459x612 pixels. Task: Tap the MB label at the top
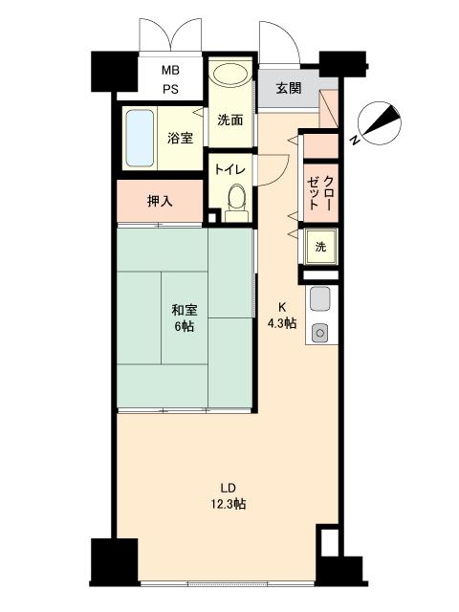169,71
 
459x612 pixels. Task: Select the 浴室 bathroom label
181,138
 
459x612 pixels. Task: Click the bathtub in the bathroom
142,138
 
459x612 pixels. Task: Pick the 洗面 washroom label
229,120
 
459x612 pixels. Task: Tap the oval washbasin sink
230,76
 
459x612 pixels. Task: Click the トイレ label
229,169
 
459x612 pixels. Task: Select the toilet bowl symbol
236,199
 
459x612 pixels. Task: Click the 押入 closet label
159,201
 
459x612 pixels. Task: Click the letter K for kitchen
281,306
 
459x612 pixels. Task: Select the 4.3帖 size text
281,323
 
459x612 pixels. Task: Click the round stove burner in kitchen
320,334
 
